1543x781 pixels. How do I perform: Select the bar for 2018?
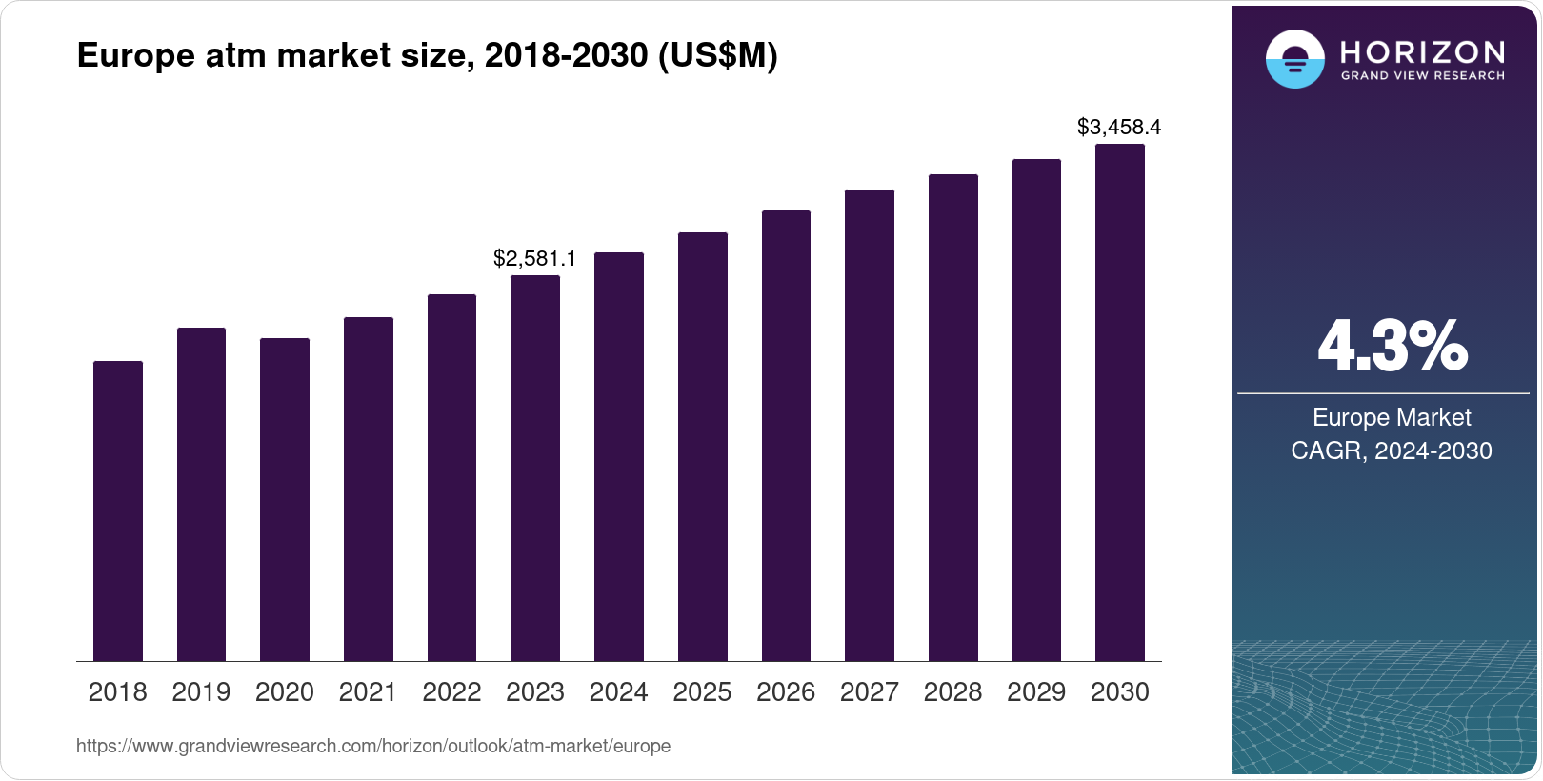(118, 511)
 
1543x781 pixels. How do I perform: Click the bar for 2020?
(285, 499)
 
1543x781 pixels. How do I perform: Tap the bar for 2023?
(535, 468)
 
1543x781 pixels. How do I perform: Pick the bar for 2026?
(786, 435)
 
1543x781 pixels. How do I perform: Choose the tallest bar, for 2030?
(1120, 402)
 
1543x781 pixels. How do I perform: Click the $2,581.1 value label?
(534, 258)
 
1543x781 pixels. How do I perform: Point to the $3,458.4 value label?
(1119, 127)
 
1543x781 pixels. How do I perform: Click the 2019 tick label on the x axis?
(201, 691)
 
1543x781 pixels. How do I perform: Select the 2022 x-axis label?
(451, 691)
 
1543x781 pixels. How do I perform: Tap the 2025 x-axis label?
(702, 691)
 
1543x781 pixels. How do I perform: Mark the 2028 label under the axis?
(952, 691)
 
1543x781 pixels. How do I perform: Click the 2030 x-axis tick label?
(1120, 691)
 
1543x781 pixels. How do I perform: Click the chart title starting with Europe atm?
(427, 56)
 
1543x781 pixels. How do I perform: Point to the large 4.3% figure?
(1392, 347)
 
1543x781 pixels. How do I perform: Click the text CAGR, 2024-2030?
(1391, 451)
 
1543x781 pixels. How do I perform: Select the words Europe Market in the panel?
(1392, 417)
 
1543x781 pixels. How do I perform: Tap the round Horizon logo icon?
(1294, 59)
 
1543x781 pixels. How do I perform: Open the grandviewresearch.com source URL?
(373, 746)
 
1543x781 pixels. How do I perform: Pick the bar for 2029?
(1036, 410)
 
